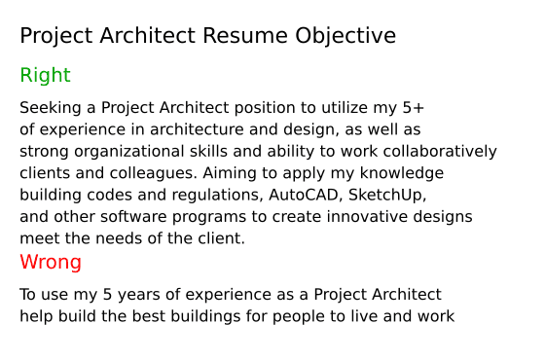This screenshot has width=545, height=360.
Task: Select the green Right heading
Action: point(45,76)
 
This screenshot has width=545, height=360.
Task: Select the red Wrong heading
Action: point(51,263)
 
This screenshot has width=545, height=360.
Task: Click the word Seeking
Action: point(49,108)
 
